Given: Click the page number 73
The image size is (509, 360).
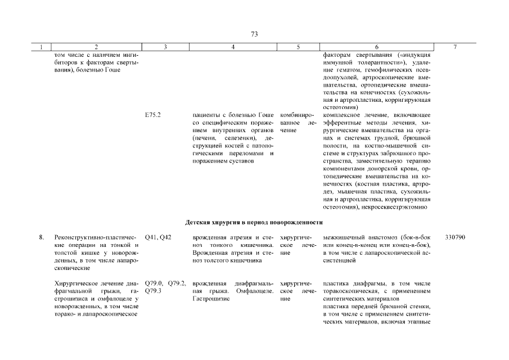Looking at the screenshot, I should [x=254, y=34].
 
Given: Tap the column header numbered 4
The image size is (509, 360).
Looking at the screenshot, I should [x=233, y=47].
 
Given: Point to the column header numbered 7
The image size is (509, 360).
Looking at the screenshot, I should [x=455, y=47].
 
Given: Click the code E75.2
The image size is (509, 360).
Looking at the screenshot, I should [x=153, y=115].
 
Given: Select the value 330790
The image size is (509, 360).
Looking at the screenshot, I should [x=455, y=237].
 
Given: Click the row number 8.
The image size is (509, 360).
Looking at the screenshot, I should [x=41, y=237].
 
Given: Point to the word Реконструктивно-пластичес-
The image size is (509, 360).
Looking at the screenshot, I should [x=96, y=237].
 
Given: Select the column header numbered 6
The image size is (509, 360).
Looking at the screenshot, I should [x=377, y=47].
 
